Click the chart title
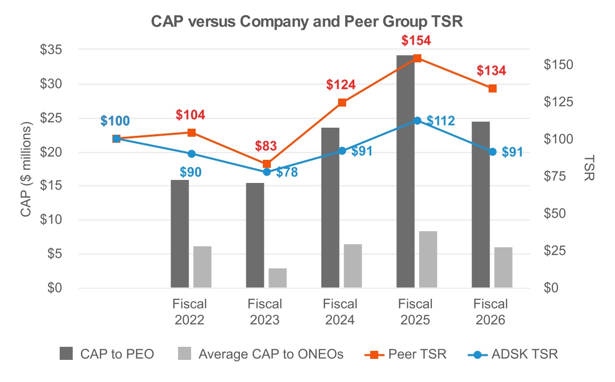coord(307,23)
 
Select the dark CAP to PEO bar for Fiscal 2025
coord(405,171)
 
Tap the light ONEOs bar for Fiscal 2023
coord(277,278)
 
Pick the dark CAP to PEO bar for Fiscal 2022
coord(180,234)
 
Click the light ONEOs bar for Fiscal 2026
coord(503,267)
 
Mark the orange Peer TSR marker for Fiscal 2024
coord(342,103)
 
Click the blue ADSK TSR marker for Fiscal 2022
coord(191,154)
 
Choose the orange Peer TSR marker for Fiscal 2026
coord(492,88)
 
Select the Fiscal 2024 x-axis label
coord(340,312)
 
